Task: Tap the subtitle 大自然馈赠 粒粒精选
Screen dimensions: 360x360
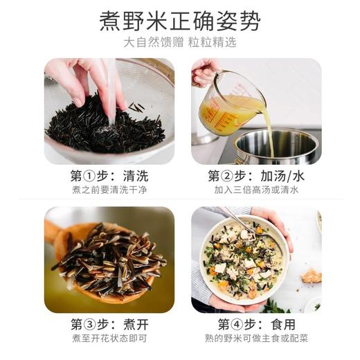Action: [x=180, y=42]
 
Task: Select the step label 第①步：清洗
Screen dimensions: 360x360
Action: [x=109, y=176]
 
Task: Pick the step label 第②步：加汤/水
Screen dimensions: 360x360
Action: [x=255, y=176]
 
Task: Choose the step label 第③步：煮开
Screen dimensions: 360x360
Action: [x=109, y=324]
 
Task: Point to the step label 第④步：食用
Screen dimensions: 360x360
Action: [x=255, y=324]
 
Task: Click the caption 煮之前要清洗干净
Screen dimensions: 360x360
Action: [x=109, y=190]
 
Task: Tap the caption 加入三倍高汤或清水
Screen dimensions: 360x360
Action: [x=255, y=190]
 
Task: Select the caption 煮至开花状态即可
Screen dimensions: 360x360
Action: [x=109, y=338]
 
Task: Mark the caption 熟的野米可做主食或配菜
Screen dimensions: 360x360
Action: [x=255, y=338]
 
